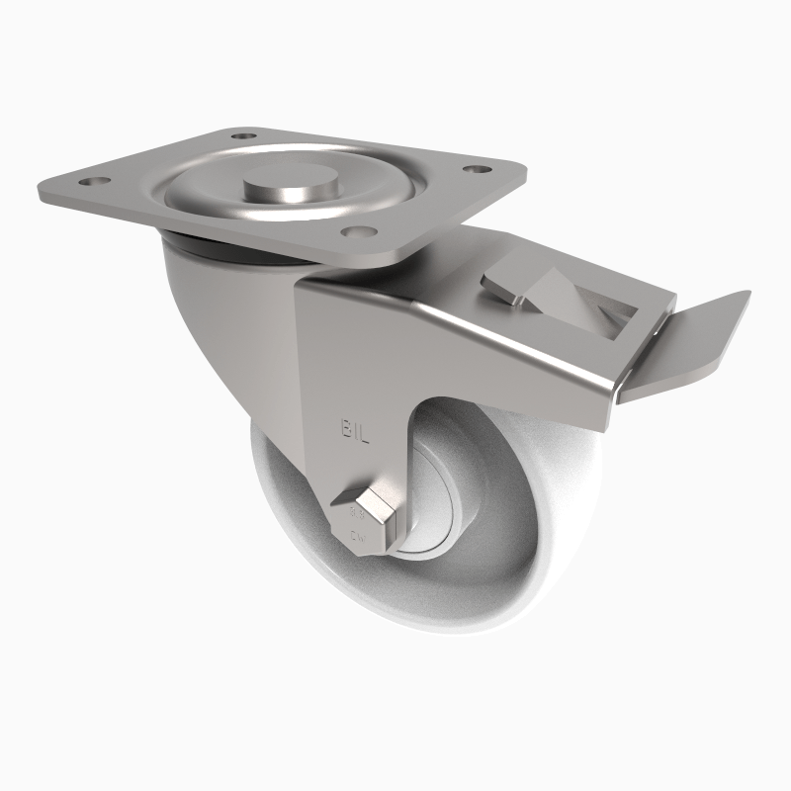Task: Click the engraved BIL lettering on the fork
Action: click(x=355, y=429)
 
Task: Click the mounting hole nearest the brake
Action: click(x=478, y=170)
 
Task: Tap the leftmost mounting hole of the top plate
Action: click(x=96, y=184)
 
